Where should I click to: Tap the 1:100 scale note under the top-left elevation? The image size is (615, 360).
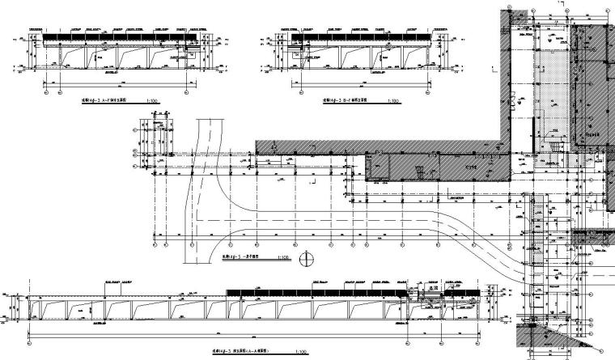[x=153, y=102]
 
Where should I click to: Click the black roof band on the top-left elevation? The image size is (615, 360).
[x=121, y=37]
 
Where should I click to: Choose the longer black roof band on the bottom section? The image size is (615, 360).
[x=316, y=291]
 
